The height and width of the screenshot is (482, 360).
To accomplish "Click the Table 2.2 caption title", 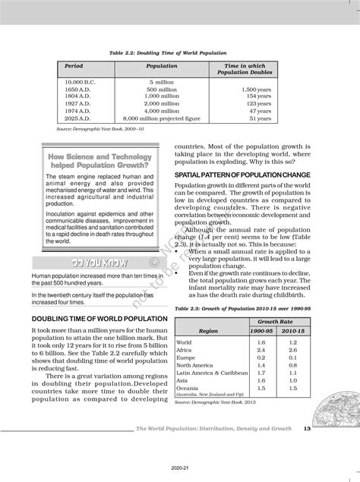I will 178,52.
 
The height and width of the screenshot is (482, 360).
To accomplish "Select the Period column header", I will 74,66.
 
